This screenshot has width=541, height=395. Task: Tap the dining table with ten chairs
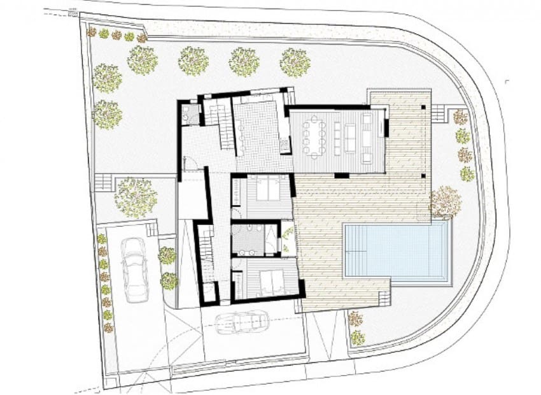316,138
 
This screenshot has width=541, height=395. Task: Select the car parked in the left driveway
134,269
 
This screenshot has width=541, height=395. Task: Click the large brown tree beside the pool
446,202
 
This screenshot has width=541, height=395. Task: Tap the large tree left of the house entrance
136,196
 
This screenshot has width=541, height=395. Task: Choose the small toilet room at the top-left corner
189,114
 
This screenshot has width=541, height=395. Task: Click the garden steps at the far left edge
103,182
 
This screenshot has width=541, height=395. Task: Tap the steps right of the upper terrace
440,113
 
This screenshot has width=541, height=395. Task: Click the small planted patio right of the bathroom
288,239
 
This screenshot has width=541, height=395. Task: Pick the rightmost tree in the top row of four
295,62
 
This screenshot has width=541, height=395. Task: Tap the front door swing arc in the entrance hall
189,163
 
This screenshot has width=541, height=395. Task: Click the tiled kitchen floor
258,131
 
